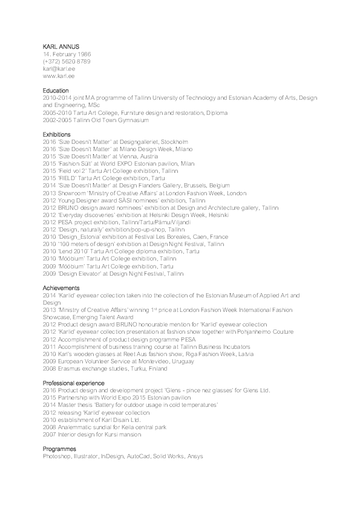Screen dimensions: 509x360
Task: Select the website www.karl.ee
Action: coord(59,77)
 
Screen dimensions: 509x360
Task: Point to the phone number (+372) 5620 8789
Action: coord(67,62)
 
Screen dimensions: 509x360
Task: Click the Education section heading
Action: coord(56,90)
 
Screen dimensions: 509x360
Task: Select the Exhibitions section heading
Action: coord(57,134)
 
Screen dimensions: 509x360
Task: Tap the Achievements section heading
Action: coord(61,288)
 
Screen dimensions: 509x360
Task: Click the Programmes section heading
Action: coord(59,449)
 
